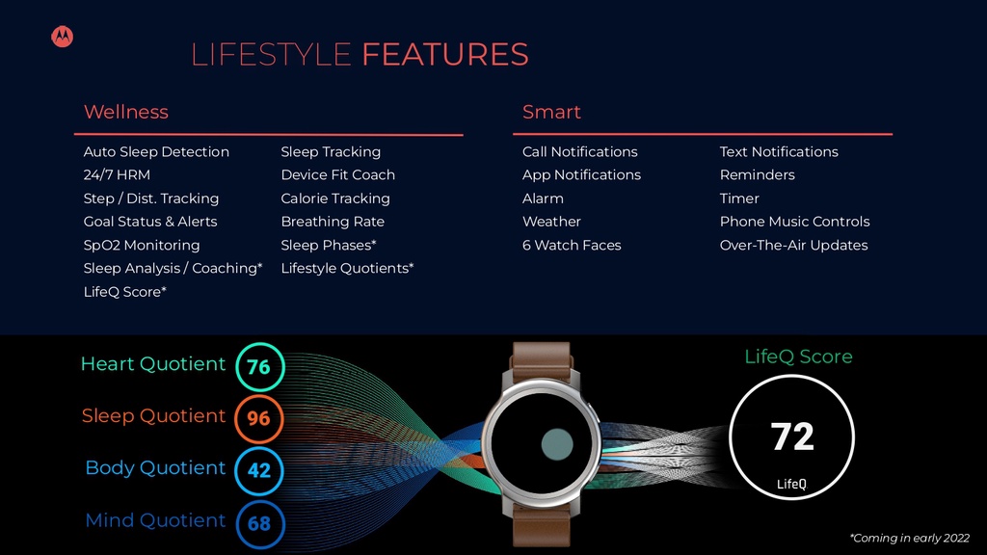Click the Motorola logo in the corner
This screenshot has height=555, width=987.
(62, 37)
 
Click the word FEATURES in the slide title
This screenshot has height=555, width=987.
(444, 54)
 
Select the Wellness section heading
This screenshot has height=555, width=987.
(126, 112)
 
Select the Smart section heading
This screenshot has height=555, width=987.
(551, 112)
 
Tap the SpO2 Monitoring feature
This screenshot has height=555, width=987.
(142, 245)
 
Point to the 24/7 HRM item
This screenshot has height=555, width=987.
(117, 174)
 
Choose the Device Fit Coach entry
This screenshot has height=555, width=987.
(337, 174)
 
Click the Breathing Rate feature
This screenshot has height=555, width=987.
(333, 222)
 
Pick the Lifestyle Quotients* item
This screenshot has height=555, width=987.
(347, 268)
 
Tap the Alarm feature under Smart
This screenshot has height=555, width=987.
(543, 198)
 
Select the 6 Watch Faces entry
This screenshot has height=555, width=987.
(572, 245)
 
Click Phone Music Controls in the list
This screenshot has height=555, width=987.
(794, 222)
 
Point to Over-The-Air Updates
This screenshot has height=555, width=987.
(793, 245)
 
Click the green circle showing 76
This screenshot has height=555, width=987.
(259, 367)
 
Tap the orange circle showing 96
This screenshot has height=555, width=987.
(259, 419)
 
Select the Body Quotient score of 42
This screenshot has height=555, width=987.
(259, 471)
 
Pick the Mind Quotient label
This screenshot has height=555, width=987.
(155, 520)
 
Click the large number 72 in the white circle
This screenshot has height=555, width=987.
(792, 437)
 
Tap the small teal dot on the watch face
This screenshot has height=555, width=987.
(557, 444)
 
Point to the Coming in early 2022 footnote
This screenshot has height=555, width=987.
(910, 539)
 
